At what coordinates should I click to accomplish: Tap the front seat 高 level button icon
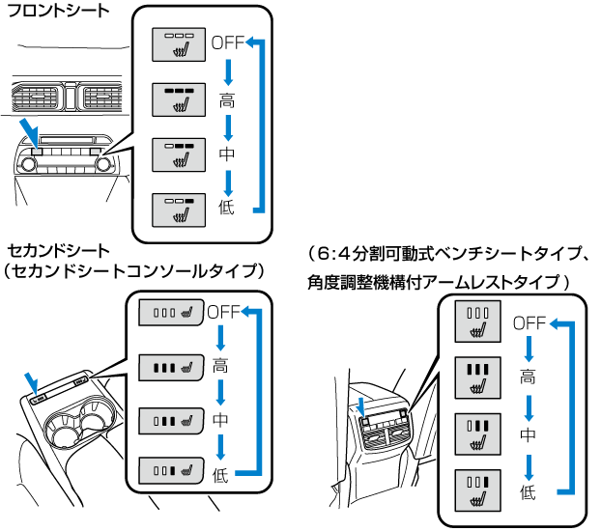[x=179, y=99]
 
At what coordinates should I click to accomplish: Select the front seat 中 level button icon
[x=179, y=154]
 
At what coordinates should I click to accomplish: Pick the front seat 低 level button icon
[x=179, y=210]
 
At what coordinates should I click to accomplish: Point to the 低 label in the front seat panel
[x=227, y=209]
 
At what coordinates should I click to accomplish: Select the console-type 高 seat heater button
[x=171, y=366]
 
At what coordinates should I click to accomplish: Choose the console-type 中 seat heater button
[x=171, y=420]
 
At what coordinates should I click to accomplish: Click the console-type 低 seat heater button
[x=171, y=472]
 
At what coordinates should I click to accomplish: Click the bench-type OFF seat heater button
[x=478, y=321]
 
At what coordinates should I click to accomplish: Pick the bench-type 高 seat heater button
[x=478, y=377]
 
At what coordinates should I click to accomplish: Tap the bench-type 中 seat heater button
[x=478, y=434]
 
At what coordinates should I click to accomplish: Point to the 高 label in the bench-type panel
[x=528, y=377]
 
